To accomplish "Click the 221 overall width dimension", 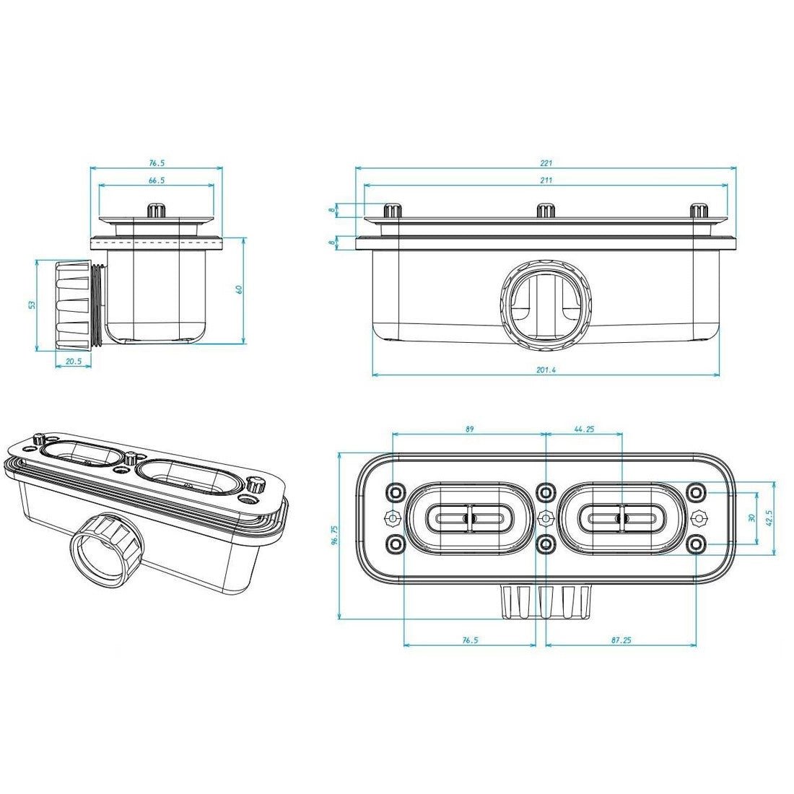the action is (546, 163).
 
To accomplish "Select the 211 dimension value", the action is (546, 180).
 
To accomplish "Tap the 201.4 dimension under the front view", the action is (546, 370).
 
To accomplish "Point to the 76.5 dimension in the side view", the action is (157, 163).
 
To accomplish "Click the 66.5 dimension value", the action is (157, 180).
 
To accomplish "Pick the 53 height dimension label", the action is (32, 305).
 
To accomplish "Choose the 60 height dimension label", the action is (240, 289).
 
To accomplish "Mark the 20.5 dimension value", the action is (74, 361).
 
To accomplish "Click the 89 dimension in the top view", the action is (469, 429).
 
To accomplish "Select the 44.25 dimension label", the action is (584, 429).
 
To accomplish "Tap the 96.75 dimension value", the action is (334, 536).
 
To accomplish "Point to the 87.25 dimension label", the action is (621, 640).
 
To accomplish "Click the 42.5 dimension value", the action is (769, 518).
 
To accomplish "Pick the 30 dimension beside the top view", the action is (751, 518).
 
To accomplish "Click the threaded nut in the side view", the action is (74, 305).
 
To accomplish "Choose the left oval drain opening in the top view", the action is (469, 518).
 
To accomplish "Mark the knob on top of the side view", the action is (157, 211).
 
